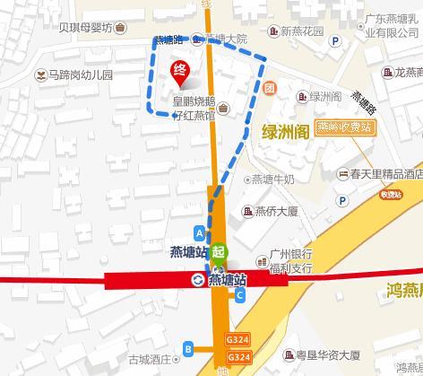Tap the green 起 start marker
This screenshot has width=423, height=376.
219,255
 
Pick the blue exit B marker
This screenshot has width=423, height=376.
187,347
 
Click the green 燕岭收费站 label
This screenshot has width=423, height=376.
344,127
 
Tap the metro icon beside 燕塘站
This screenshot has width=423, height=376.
197,280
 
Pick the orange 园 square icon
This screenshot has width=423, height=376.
269,88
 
